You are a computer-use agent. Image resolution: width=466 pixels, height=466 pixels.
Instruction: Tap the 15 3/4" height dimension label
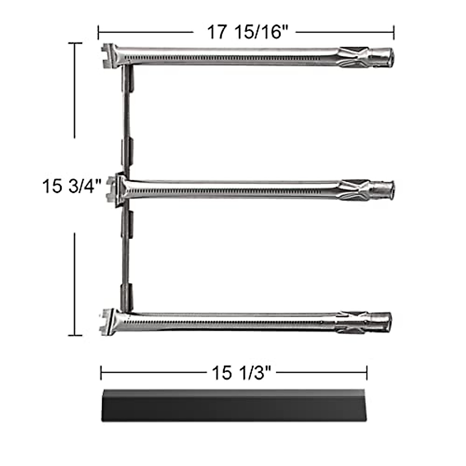point(72,186)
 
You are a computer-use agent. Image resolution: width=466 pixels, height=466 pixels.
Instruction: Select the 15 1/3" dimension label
point(240,374)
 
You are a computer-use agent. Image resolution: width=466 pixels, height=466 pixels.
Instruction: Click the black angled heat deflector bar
point(233,406)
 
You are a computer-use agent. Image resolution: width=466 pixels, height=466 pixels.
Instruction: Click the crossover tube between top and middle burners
point(126,120)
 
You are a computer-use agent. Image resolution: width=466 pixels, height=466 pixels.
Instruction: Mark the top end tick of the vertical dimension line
point(75,43)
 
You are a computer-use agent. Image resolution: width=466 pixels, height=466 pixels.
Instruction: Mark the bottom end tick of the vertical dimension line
point(75,334)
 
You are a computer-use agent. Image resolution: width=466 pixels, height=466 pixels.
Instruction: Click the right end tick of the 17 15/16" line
point(394,32)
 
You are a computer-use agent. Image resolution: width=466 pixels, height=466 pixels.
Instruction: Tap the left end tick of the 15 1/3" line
point(101,373)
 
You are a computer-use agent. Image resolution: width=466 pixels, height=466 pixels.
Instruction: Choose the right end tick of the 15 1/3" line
point(367,373)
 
